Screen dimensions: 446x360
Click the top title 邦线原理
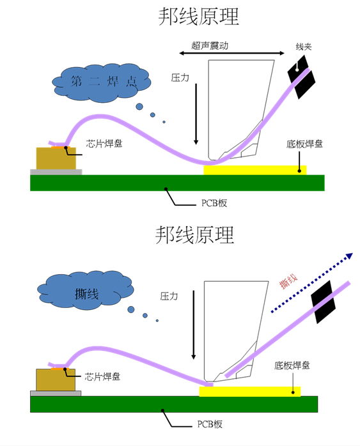[x=198, y=17]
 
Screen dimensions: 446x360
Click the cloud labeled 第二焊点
[x=102, y=81]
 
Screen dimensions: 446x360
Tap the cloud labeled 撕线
[x=86, y=294]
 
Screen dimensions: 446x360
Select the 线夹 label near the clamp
[x=304, y=47]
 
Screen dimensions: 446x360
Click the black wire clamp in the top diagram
[x=301, y=76]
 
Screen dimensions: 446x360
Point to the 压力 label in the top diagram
[x=180, y=77]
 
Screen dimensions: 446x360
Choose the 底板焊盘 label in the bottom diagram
[x=292, y=365]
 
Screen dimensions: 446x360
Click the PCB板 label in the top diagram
[x=210, y=203]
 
